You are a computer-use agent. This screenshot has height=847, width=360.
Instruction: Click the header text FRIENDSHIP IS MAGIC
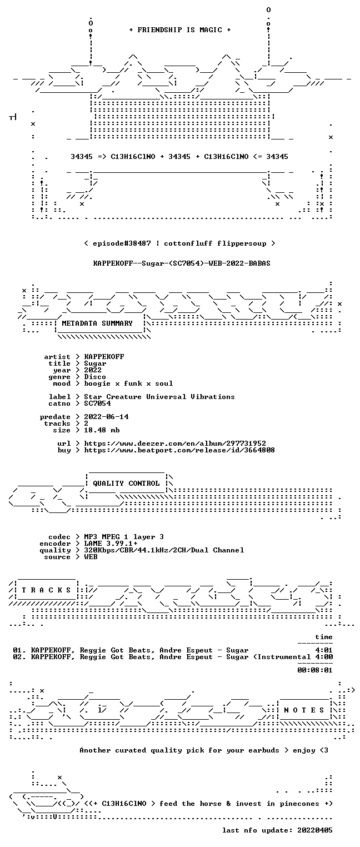(x=179, y=30)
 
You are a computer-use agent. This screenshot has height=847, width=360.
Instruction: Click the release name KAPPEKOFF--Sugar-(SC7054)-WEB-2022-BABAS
(x=182, y=263)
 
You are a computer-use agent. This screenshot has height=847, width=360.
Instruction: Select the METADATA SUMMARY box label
(x=97, y=323)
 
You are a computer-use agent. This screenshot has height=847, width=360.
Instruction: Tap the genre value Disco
(x=95, y=377)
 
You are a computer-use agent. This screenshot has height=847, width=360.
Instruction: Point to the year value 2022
(x=93, y=370)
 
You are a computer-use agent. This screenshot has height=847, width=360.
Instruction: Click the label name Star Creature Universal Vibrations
(x=159, y=397)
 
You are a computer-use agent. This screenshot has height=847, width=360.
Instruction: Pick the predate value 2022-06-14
(x=106, y=417)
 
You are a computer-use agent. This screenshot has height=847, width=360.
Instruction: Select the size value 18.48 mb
(x=102, y=430)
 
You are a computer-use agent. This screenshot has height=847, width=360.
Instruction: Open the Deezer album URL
(x=174, y=443)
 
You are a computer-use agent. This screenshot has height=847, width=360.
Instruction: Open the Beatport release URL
(x=179, y=450)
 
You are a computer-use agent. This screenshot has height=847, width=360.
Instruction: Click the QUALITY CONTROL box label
(x=126, y=483)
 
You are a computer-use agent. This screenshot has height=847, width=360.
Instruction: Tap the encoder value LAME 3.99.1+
(x=111, y=544)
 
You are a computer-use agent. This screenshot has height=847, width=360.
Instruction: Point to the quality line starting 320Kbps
(x=164, y=550)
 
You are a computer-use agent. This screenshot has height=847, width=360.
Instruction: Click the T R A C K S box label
(x=47, y=590)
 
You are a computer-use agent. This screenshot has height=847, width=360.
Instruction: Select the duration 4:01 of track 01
(x=324, y=650)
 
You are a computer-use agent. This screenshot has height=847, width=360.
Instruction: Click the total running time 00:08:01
(x=315, y=670)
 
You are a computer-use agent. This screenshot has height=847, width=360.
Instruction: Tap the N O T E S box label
(x=304, y=710)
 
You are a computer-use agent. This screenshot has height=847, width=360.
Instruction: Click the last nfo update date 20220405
(x=315, y=830)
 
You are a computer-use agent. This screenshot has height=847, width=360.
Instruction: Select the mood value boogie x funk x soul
(x=128, y=383)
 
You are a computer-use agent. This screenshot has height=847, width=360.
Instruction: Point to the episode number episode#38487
(x=122, y=243)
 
